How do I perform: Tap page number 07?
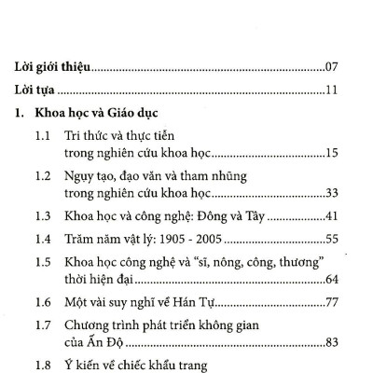336,67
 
